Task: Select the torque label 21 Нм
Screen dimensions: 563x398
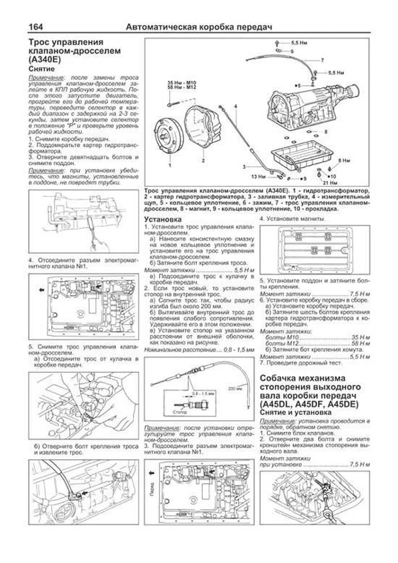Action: [330, 182]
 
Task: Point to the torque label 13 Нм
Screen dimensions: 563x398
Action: [258, 177]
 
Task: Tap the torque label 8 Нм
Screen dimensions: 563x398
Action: [344, 161]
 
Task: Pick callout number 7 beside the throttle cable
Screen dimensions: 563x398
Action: [322, 60]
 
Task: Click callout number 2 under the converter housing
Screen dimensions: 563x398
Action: [203, 161]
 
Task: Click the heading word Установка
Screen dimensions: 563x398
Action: [163, 219]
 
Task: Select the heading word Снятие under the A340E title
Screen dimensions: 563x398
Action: [42, 69]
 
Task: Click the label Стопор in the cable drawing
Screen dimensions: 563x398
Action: [180, 412]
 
